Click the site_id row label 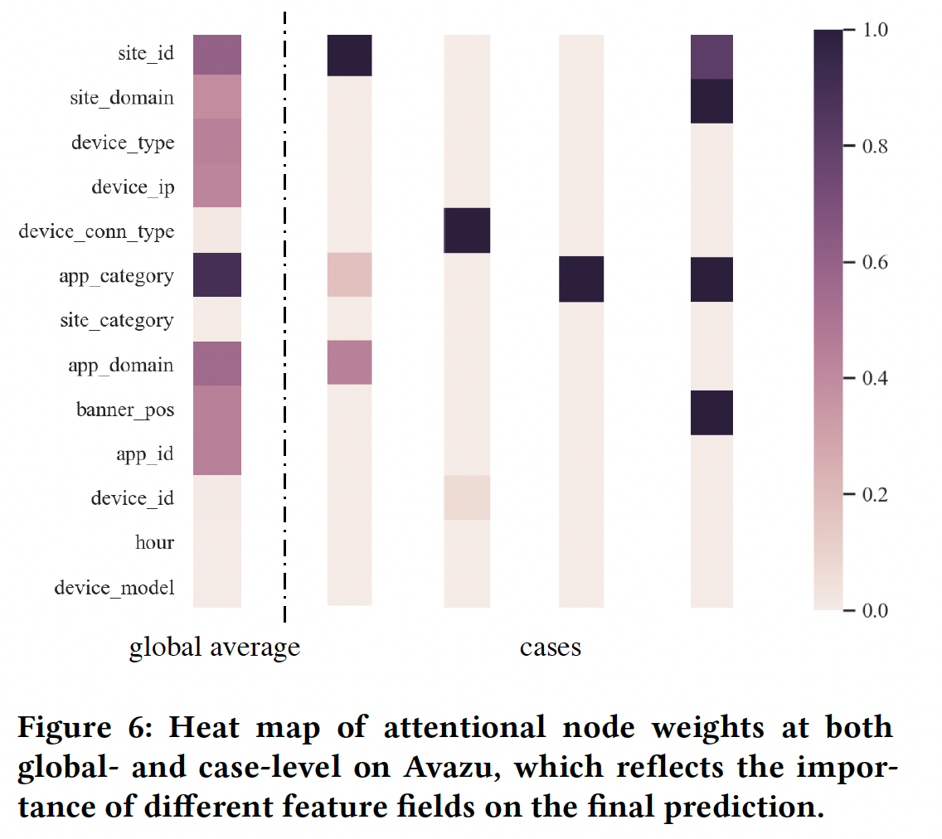tap(145, 54)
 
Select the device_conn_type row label tap(96, 231)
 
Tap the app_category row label tap(116, 276)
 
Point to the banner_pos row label tap(125, 410)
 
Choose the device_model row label tap(114, 588)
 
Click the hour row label tap(154, 543)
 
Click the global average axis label tap(214, 647)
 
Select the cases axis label tap(551, 647)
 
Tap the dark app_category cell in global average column tap(217, 274)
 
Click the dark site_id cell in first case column tap(349, 55)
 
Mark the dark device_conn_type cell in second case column tap(467, 230)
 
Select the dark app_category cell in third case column tap(580, 279)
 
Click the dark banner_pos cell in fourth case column tap(711, 412)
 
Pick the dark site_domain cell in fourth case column tap(711, 101)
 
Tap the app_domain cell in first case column tap(349, 362)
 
